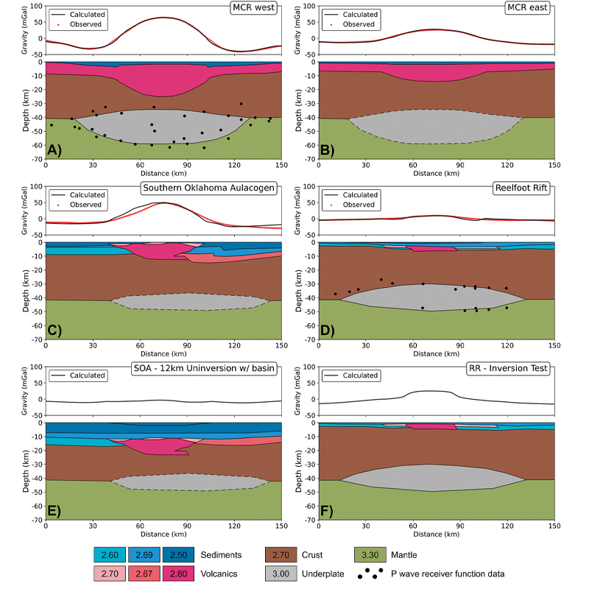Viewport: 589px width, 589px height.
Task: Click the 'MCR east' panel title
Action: pyautogui.click(x=532, y=7)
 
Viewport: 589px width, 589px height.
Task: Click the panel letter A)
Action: pyautogui.click(x=55, y=150)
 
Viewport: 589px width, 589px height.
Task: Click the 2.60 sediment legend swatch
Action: pyautogui.click(x=110, y=552)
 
